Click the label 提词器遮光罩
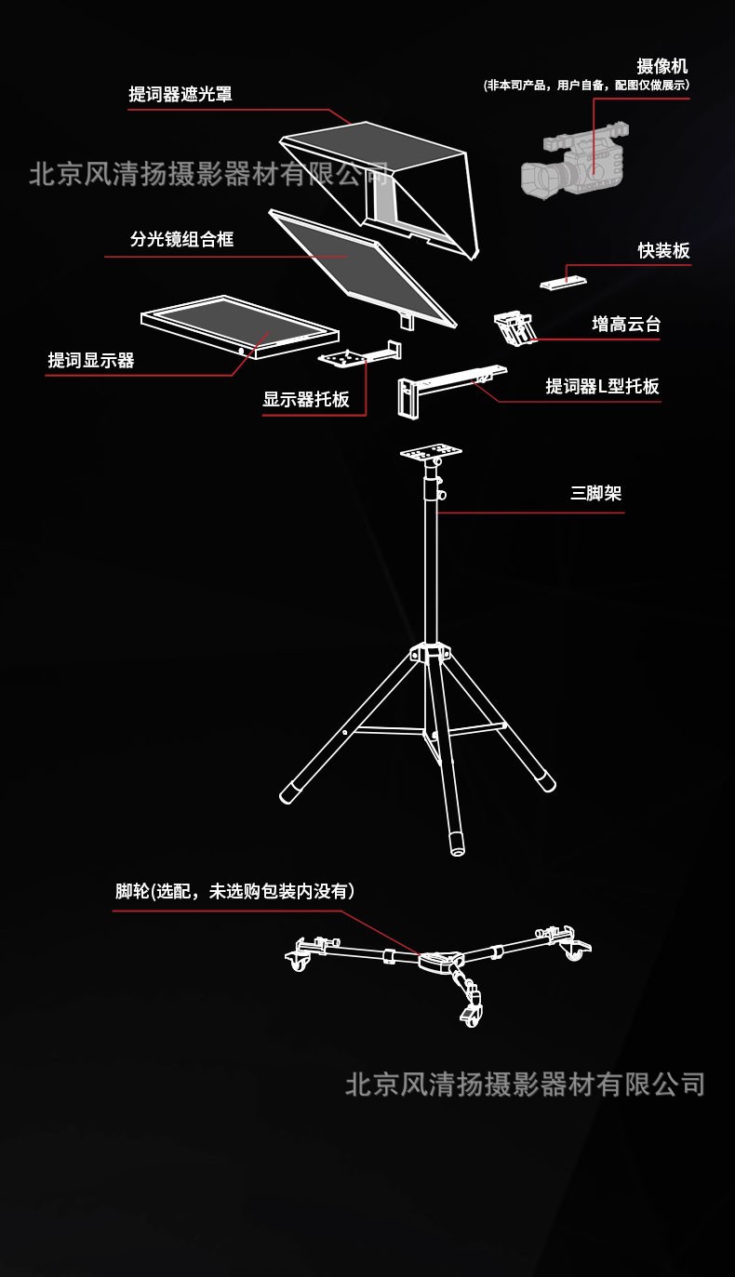tap(180, 95)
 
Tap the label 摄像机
tap(662, 66)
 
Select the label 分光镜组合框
tap(182, 240)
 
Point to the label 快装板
tap(663, 251)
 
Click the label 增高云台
tap(626, 325)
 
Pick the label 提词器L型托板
tap(602, 387)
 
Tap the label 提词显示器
tap(91, 361)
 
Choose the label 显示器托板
tap(306, 400)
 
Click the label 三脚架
tap(595, 494)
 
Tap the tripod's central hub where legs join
tap(430, 654)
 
